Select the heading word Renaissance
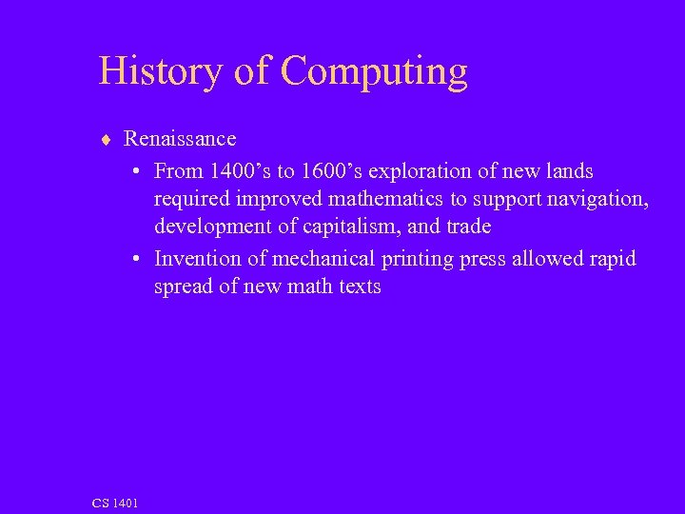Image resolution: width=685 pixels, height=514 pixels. pyautogui.click(x=180, y=139)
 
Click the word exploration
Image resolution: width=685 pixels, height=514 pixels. pyautogui.click(x=413, y=172)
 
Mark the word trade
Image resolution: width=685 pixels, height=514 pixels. pyautogui.click(x=469, y=227)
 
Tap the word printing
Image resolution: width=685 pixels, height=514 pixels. pyautogui.click(x=415, y=260)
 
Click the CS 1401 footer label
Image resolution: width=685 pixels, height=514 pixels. pyautogui.click(x=115, y=502)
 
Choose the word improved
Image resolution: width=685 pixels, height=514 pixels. pyautogui.click(x=278, y=200)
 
